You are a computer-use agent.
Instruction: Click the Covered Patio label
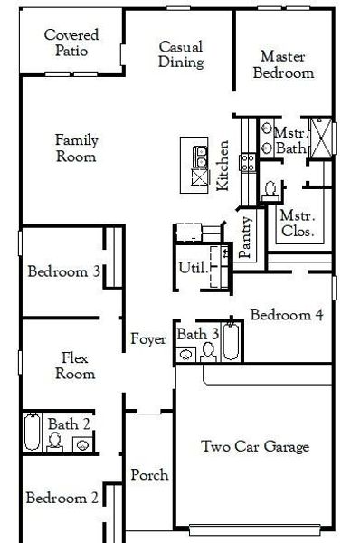click(71, 43)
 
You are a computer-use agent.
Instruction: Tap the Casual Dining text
click(180, 54)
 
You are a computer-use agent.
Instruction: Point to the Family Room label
click(76, 148)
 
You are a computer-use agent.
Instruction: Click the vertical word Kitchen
click(223, 165)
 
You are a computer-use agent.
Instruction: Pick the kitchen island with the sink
click(194, 164)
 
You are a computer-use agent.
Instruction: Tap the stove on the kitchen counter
click(245, 163)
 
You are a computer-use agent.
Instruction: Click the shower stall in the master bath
click(320, 138)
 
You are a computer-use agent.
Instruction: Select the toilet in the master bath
click(270, 189)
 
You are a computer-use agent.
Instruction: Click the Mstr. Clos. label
click(296, 224)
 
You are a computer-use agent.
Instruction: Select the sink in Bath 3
click(186, 354)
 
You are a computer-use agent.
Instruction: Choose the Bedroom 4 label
click(285, 316)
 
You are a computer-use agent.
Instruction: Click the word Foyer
click(147, 339)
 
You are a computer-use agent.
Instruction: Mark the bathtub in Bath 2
click(33, 432)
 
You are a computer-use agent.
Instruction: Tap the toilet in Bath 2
click(56, 441)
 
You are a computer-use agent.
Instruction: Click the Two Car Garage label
click(254, 446)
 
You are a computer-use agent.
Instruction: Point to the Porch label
click(147, 475)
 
